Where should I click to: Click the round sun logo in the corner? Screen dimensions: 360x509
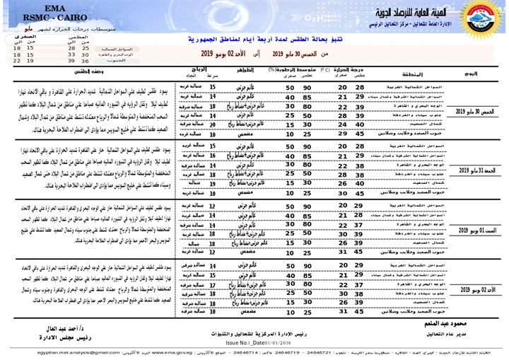coord(483,19)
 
